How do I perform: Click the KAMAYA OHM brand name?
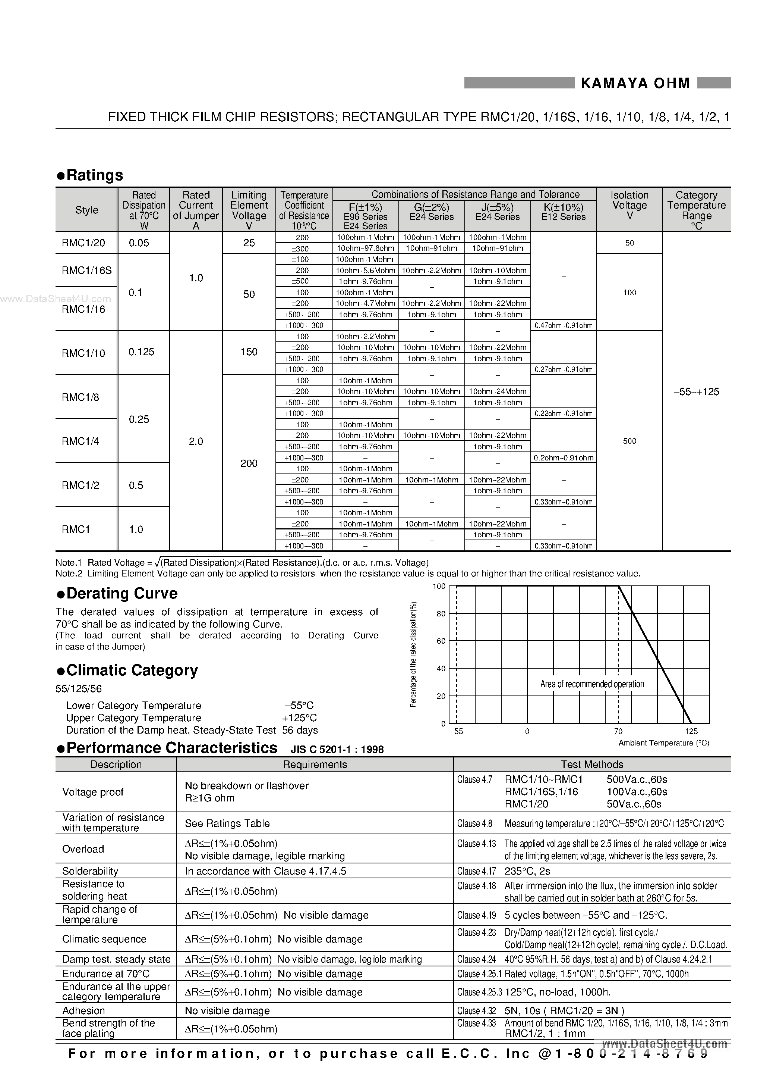[x=635, y=83]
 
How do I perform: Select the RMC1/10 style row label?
[x=83, y=353]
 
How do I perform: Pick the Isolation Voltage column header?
[x=629, y=205]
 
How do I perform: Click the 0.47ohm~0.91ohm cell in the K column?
[x=564, y=325]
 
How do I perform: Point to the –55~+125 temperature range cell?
[x=697, y=391]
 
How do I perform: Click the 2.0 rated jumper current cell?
[x=196, y=441]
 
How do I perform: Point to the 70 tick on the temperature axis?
[x=618, y=731]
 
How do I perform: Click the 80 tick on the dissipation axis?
[x=441, y=613]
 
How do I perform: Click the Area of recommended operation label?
[x=592, y=684]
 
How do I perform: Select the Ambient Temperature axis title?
[x=664, y=743]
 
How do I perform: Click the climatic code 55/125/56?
[x=78, y=688]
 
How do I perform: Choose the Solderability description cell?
[x=90, y=871]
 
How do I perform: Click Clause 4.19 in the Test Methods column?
[x=476, y=915]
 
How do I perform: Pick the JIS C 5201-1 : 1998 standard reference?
[x=337, y=749]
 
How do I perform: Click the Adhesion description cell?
[x=83, y=1010]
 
